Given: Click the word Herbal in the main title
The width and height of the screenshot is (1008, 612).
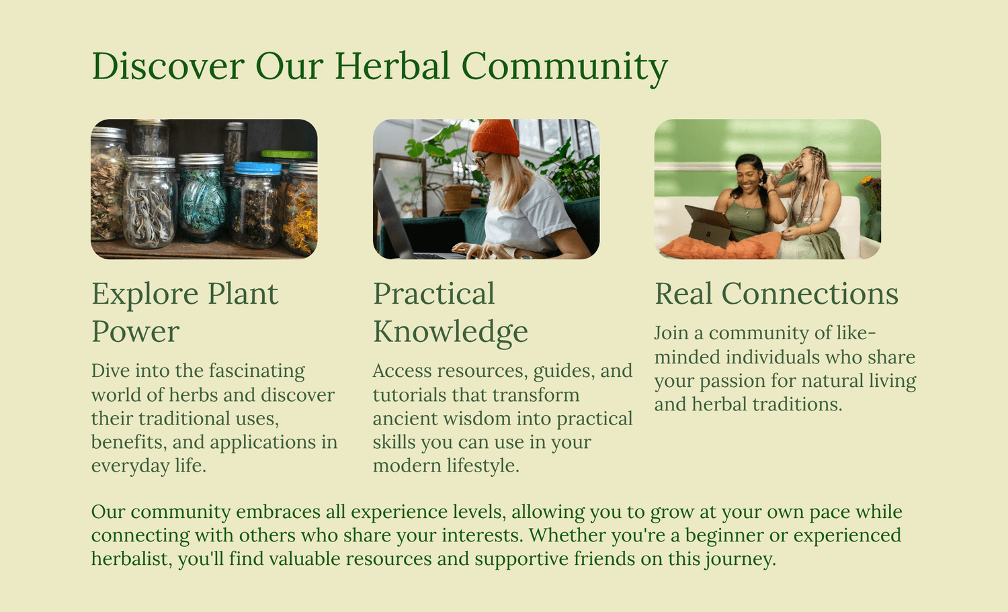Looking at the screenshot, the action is pyautogui.click(x=392, y=66).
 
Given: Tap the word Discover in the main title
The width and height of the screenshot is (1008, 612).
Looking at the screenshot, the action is pyautogui.click(x=168, y=66).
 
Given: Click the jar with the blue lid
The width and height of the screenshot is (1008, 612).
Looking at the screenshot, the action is pyautogui.click(x=257, y=205).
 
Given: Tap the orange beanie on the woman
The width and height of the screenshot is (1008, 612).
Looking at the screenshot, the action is pyautogui.click(x=495, y=137).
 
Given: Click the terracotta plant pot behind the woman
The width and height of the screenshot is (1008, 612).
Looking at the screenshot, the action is pyautogui.click(x=457, y=198).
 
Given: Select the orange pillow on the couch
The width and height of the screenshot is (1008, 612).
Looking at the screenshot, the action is pyautogui.click(x=720, y=246).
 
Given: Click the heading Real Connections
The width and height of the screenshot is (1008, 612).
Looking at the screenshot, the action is pyautogui.click(x=776, y=294).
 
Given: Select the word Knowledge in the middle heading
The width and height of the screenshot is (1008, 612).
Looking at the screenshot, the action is pyautogui.click(x=450, y=332).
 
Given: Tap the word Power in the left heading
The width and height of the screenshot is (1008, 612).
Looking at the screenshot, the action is pyautogui.click(x=136, y=332).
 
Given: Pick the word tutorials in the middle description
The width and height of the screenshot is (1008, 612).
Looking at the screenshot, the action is pyautogui.click(x=409, y=395).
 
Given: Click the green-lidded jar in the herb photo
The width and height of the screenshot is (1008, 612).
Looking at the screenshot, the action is pyautogui.click(x=288, y=155).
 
